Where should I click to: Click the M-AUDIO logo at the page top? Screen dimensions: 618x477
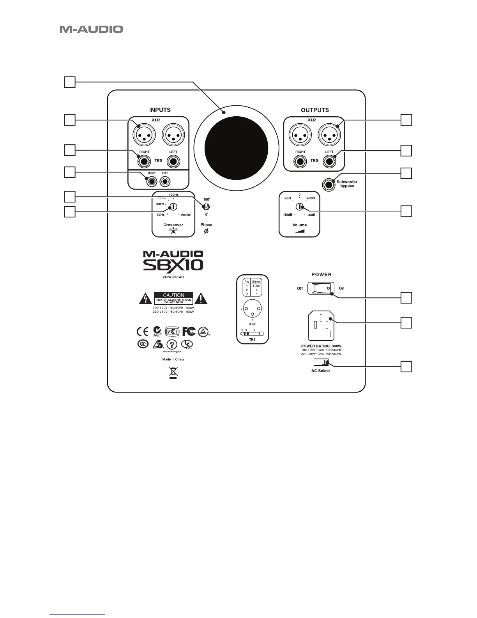click(91, 29)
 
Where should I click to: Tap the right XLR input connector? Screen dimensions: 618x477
click(144, 135)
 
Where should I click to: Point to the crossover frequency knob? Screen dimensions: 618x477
click(173, 207)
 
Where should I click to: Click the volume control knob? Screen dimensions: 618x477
click(299, 207)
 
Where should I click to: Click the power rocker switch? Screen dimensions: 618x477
click(321, 288)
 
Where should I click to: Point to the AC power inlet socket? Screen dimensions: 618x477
click(321, 326)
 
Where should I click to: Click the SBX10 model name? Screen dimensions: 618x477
click(173, 265)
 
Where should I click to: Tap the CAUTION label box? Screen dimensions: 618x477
click(173, 298)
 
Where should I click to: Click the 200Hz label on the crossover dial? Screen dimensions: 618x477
click(186, 215)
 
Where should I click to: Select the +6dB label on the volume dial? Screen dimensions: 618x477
click(311, 215)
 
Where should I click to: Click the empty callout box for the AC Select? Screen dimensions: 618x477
click(406, 367)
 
